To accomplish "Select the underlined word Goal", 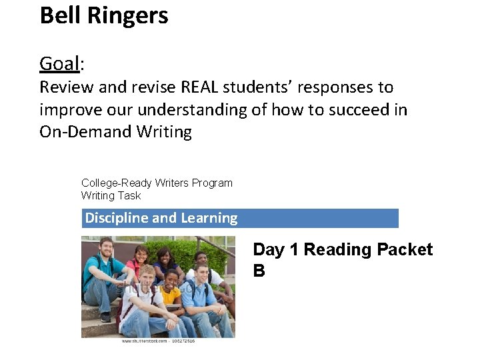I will (x=59, y=64).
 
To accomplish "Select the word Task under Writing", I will (x=129, y=196).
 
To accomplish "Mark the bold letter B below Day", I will (x=259, y=271).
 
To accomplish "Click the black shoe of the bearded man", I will (x=105, y=317).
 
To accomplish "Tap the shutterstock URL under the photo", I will (x=157, y=341).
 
